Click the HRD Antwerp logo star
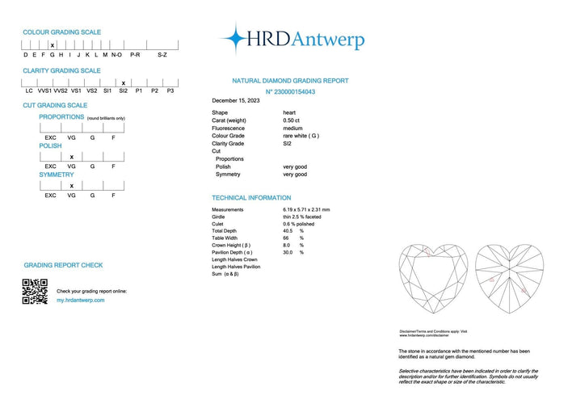pos(235,38)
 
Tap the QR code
pos(35,291)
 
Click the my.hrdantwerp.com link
pos(80,300)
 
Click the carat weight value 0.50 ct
pos(292,120)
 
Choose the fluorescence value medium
pos(292,128)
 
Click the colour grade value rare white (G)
pos(301,136)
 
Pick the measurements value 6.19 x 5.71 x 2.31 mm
pos(306,209)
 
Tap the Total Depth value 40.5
pos(288,231)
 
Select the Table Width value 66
pos(286,238)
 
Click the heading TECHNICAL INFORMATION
pos(251,198)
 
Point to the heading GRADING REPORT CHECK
pos(63,265)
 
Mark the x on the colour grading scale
pos(53,45)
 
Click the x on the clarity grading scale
pos(123,82)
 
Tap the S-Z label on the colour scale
pos(162,55)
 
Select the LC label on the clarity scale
pos(29,91)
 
